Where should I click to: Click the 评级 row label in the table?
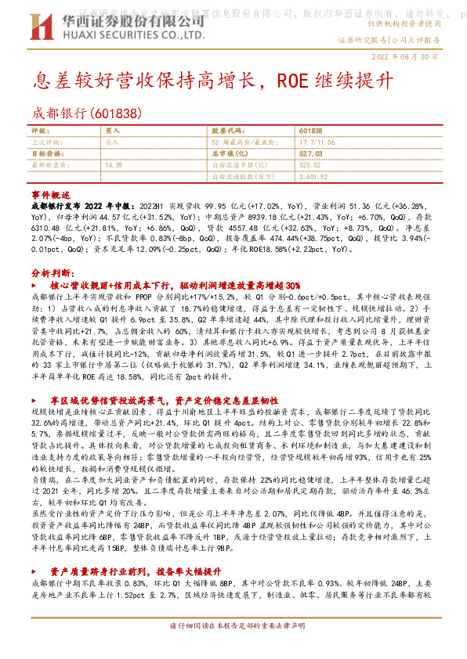pos(39,131)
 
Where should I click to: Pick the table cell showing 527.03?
pos(312,154)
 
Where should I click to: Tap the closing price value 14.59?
pos(114,165)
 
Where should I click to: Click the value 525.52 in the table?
pos(311,165)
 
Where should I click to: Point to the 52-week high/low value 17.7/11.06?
pos(317,142)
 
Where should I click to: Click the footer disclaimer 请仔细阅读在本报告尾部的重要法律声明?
pos(233,648)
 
